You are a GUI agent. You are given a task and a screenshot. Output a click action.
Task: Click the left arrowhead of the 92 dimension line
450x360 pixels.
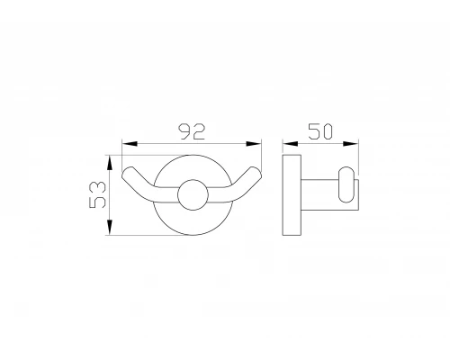tap(126, 144)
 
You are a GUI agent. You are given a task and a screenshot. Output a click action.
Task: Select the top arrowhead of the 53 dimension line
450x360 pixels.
tap(114, 159)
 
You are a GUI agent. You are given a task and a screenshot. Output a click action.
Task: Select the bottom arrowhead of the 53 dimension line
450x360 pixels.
tap(114, 230)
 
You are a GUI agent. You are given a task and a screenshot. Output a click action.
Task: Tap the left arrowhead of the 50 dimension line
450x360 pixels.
tap(287, 144)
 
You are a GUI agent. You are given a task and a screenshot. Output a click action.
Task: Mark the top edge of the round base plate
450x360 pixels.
tap(191, 159)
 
